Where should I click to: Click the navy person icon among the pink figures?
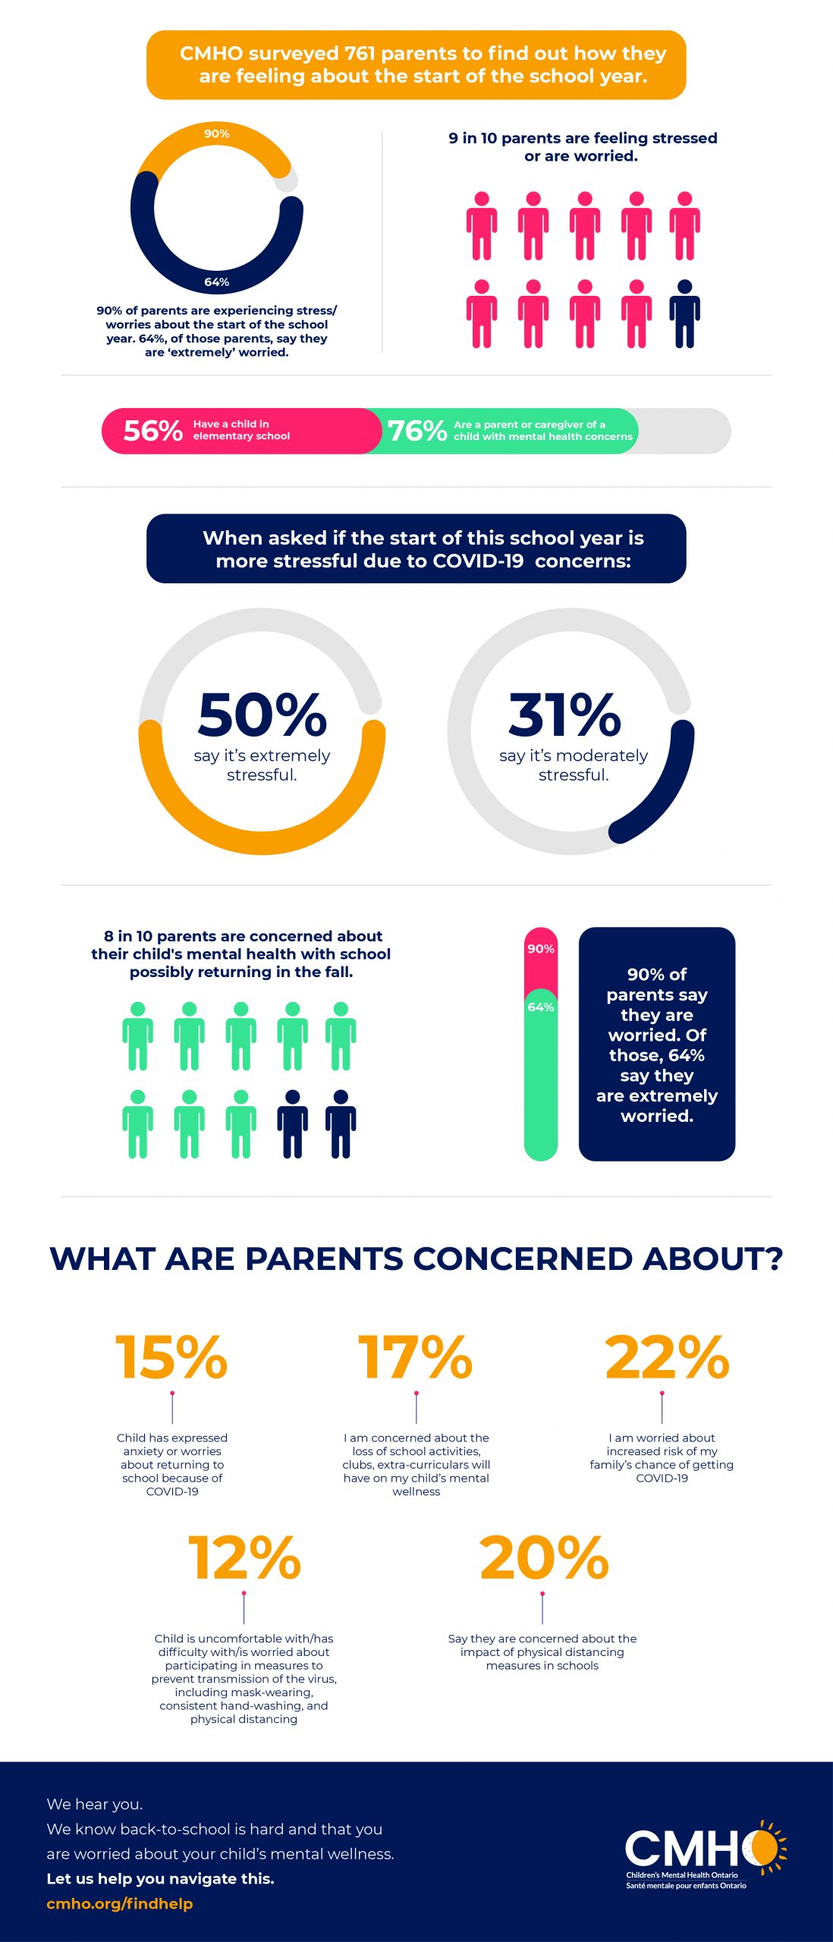coord(684,313)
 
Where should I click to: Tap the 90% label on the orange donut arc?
coord(216,134)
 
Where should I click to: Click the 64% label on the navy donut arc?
coord(216,282)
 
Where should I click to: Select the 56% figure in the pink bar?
coord(152,431)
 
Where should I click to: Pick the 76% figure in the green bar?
coord(416,431)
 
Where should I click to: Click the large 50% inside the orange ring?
coord(262,715)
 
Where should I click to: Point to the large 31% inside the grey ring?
coord(564,715)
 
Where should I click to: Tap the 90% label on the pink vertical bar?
coord(541,949)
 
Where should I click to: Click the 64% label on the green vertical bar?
coord(541,1007)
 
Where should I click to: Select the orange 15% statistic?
coord(171,1357)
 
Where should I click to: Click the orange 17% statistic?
coord(416,1357)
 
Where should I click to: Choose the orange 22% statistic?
coord(666,1357)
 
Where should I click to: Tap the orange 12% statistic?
coord(244,1558)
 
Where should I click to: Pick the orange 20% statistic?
coord(544,1558)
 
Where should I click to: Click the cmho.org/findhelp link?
coord(120,1903)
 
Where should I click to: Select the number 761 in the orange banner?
coord(360,54)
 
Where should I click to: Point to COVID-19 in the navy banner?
coord(478,561)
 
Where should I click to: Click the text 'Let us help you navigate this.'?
coord(160,1878)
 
